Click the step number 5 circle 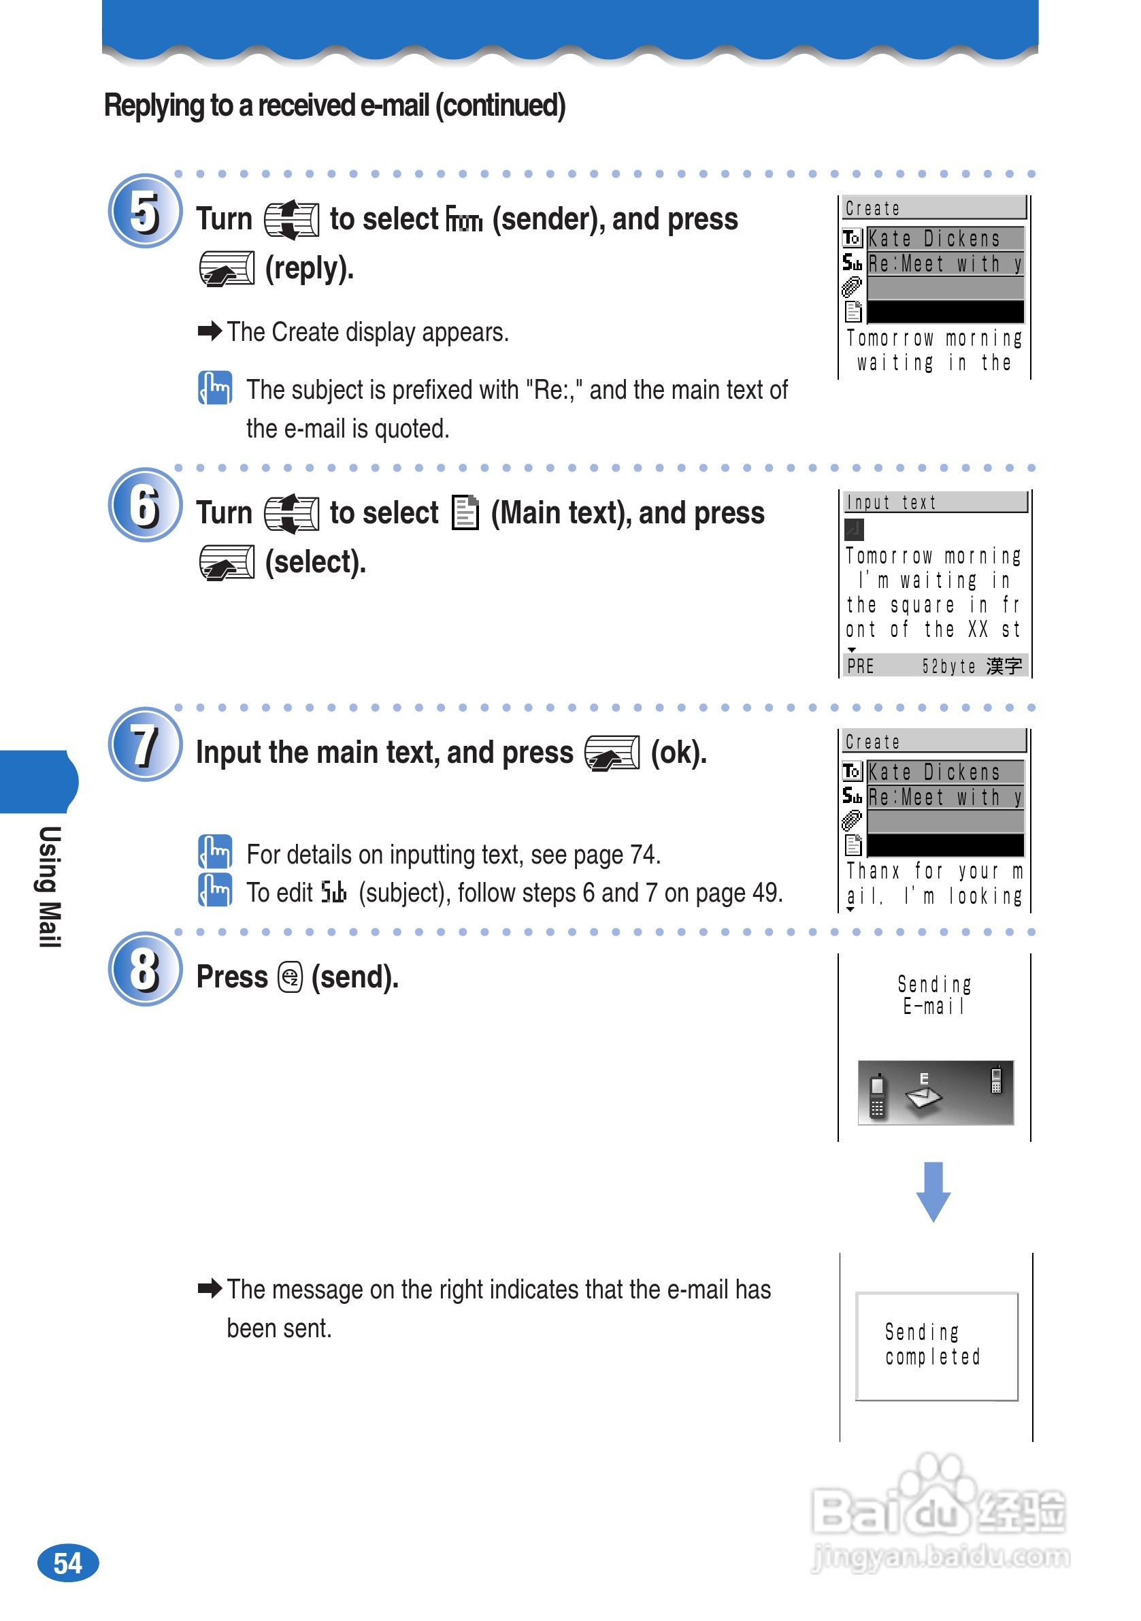145,211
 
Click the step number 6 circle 145,506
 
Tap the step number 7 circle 145,745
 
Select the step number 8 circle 145,969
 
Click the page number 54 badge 68,1563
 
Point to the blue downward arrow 933,1192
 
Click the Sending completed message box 936,1345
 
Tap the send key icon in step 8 291,977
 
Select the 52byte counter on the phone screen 948,666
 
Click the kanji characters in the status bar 1004,666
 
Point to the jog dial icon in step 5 291,220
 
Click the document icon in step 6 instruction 465,512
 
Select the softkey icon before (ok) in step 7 612,753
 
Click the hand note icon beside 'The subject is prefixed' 214,388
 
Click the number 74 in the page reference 642,855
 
